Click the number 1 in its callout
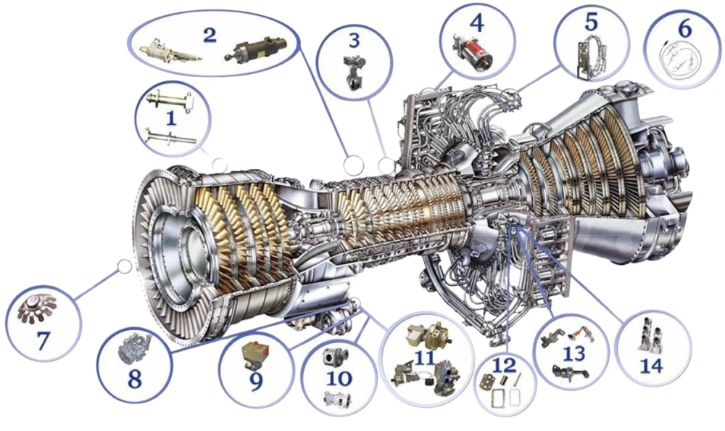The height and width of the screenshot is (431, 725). pyautogui.click(x=171, y=118)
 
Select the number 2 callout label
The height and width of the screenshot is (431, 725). pyautogui.click(x=210, y=35)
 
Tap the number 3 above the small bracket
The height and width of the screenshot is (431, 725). pyautogui.click(x=354, y=41)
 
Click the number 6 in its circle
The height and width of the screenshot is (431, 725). pyautogui.click(x=685, y=28)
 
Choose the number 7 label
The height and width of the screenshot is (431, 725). pyautogui.click(x=43, y=340)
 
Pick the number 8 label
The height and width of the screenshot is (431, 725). pyautogui.click(x=135, y=379)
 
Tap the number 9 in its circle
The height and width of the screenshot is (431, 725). pyautogui.click(x=256, y=382)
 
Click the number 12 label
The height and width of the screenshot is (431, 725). pyautogui.click(x=504, y=366)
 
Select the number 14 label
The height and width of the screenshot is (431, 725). pyautogui.click(x=652, y=366)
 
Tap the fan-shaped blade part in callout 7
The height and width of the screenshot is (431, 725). pyautogui.click(x=37, y=309)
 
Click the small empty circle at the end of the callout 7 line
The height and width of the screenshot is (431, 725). pyautogui.click(x=125, y=266)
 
